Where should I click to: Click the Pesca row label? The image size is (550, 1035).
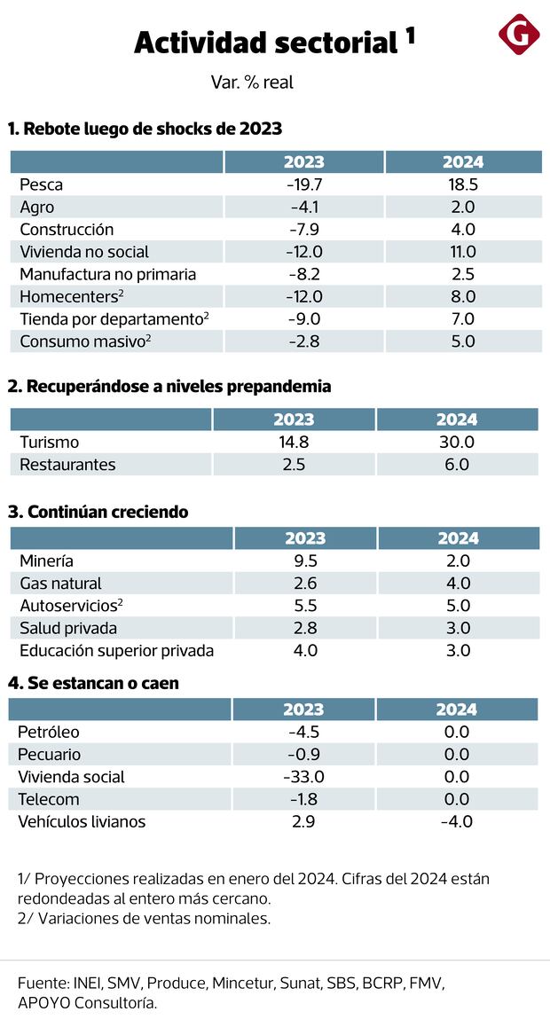42,184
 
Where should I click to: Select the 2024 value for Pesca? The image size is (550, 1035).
463,184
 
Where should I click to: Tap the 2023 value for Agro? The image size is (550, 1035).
304,208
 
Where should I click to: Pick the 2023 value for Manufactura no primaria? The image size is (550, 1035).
304,274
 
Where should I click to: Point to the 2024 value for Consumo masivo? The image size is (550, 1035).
463,341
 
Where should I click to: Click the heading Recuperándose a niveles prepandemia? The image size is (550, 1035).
169,387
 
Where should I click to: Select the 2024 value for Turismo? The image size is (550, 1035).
457,442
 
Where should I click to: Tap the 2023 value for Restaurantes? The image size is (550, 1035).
294,464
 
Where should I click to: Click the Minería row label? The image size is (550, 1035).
46,561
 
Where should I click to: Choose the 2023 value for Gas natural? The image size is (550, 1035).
304,583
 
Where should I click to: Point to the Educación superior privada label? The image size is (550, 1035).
116,650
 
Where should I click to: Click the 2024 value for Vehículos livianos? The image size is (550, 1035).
456,821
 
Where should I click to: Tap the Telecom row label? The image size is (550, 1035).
49,799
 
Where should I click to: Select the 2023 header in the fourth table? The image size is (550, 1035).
303,710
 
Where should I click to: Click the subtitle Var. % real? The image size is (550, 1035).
252,82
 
